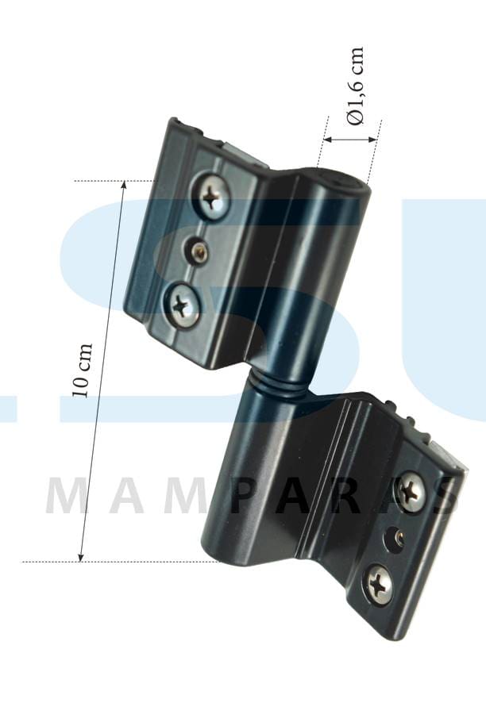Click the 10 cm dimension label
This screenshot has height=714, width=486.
(x=83, y=370)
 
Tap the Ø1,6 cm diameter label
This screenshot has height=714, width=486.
(x=356, y=85)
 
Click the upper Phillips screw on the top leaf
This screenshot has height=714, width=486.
(x=213, y=197)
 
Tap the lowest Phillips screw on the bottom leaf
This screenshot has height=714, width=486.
(x=379, y=584)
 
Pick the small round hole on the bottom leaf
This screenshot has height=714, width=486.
(x=395, y=539)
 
